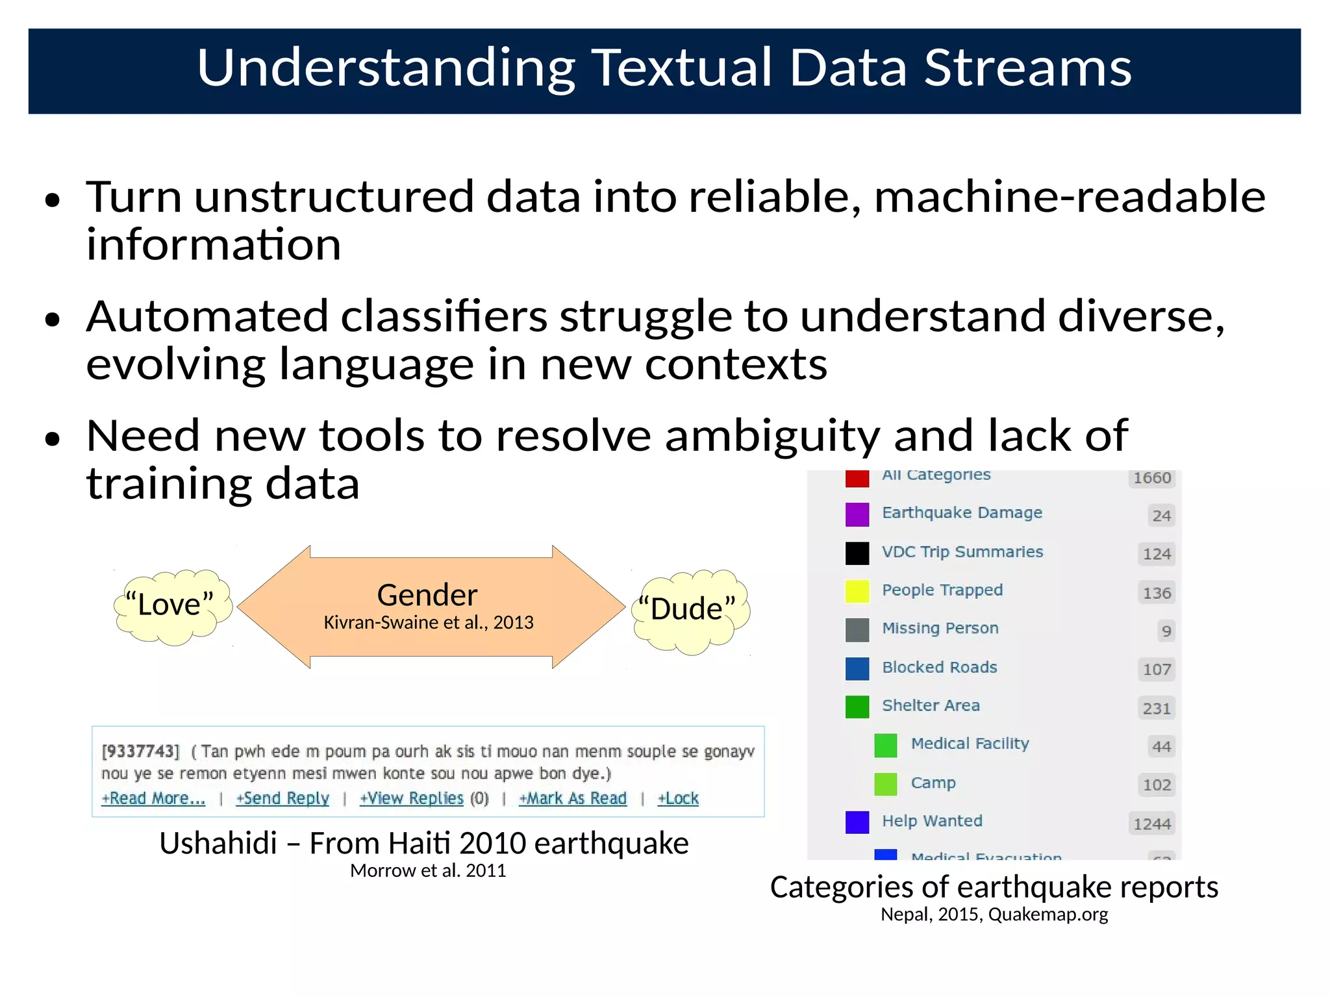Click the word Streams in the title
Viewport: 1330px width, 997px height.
(1027, 68)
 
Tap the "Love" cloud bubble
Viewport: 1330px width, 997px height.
(170, 605)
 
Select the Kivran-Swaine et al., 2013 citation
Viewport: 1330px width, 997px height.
(429, 623)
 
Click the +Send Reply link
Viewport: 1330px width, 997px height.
(282, 798)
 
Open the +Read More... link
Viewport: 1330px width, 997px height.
(153, 798)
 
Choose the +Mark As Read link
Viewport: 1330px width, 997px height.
(573, 798)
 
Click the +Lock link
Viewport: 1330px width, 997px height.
(678, 798)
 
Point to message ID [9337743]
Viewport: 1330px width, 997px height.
(140, 752)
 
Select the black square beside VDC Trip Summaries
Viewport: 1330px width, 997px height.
(857, 553)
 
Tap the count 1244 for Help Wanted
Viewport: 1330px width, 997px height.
(1152, 824)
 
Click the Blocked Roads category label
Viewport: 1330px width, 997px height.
(939, 667)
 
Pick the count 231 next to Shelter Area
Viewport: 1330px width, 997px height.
(1157, 709)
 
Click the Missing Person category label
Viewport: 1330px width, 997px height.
(940, 628)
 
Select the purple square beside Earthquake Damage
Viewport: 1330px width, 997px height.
(857, 514)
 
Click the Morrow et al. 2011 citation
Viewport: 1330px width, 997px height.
(428, 871)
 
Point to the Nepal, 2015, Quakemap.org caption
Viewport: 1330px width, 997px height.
(994, 915)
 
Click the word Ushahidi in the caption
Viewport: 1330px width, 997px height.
(218, 844)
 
